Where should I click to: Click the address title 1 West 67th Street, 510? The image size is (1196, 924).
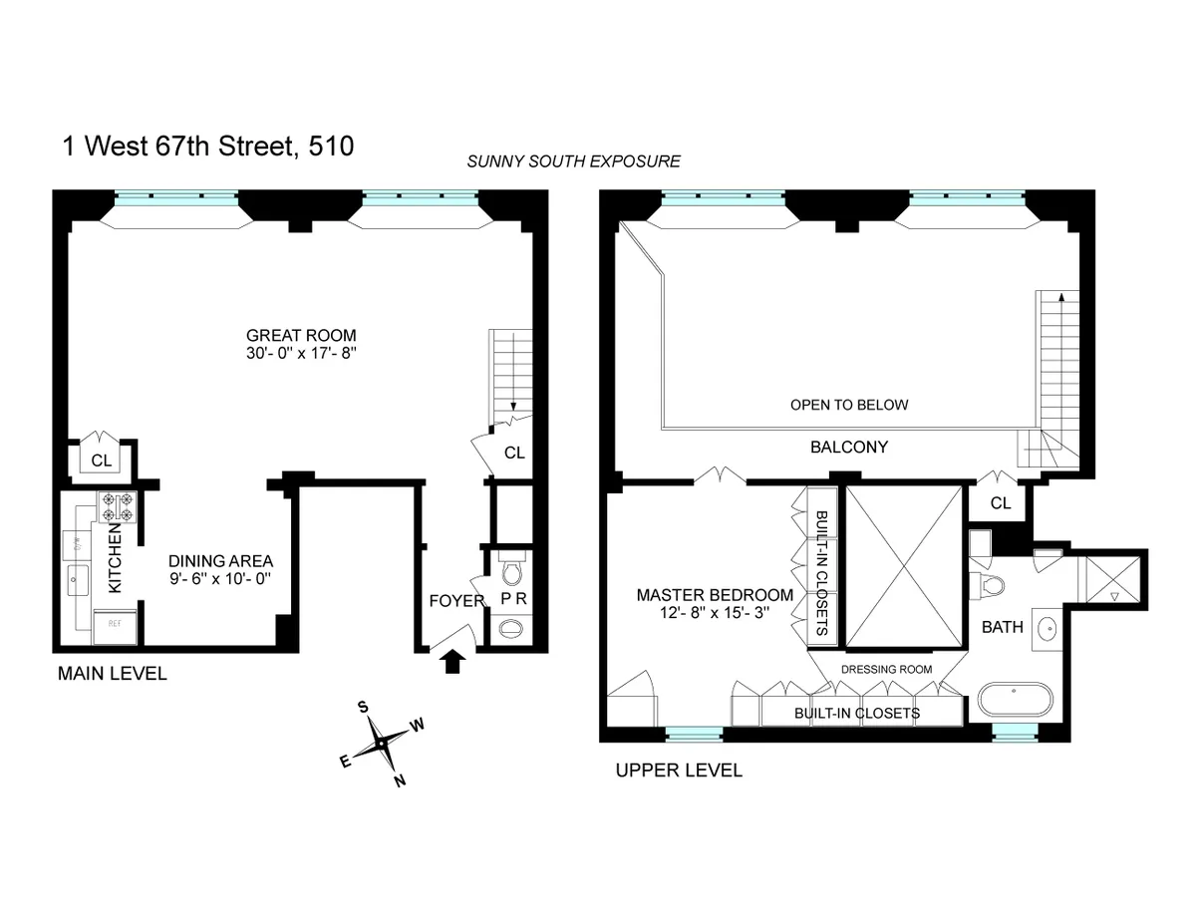click(x=206, y=147)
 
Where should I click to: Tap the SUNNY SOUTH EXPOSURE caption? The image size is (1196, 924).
click(x=574, y=161)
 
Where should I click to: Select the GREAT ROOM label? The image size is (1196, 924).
click(x=301, y=335)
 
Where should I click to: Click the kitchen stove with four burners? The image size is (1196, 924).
click(x=116, y=506)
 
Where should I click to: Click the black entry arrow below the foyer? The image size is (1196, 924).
click(x=452, y=661)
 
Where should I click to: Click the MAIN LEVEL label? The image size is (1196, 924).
click(x=112, y=674)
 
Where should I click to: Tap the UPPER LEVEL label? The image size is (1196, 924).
click(x=678, y=770)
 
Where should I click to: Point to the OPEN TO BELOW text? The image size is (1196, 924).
click(x=849, y=405)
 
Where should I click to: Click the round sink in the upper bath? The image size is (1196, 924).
click(x=1046, y=628)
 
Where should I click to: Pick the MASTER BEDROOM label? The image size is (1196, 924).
click(x=715, y=595)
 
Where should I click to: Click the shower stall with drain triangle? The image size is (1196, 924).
click(x=1115, y=580)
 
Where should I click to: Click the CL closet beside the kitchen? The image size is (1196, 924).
click(x=102, y=460)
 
